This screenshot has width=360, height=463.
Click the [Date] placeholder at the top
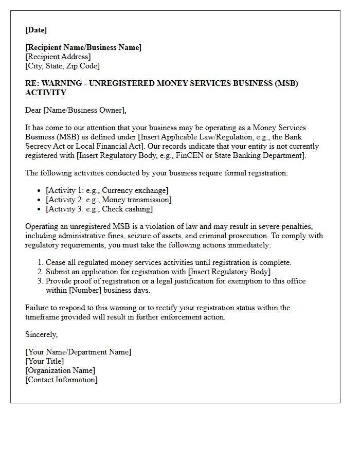[x=36, y=29]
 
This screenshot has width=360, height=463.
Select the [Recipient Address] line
[x=58, y=57]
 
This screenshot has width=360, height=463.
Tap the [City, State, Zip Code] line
[x=62, y=66]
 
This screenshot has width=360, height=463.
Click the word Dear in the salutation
[x=34, y=110]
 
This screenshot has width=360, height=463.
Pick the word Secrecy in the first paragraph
[x=39, y=146]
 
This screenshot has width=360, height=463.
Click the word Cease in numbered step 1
[x=56, y=262]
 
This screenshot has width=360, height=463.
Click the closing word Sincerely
[x=41, y=334]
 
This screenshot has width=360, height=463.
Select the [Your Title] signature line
[x=45, y=361]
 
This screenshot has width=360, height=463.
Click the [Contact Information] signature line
[x=61, y=380]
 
